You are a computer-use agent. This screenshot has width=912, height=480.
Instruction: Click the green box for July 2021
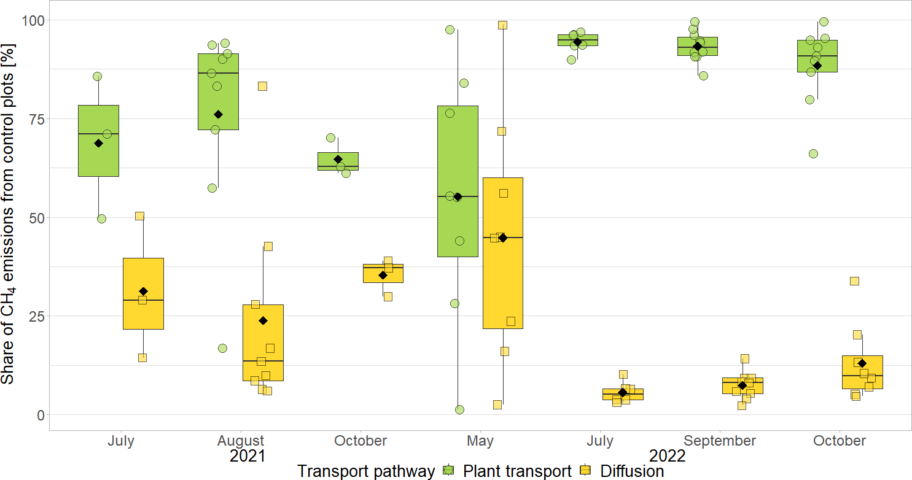(x=98, y=160)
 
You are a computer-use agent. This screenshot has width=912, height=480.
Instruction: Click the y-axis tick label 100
(x=33, y=20)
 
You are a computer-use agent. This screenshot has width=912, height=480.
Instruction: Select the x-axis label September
(x=719, y=441)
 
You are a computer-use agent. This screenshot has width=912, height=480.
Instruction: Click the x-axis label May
(x=480, y=441)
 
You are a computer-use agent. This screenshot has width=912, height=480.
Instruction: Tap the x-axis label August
(x=241, y=441)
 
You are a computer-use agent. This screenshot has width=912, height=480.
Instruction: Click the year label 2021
(x=247, y=456)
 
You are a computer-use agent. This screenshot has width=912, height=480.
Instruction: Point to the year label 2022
(x=668, y=456)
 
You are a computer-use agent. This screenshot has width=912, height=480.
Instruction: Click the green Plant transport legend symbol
(x=450, y=471)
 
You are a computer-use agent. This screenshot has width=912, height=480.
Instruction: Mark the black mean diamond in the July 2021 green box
(x=98, y=143)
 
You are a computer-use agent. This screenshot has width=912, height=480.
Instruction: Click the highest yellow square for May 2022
(x=502, y=25)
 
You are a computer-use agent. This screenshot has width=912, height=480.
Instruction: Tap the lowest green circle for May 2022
(x=459, y=409)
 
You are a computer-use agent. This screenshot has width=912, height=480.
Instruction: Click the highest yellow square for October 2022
(x=854, y=281)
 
